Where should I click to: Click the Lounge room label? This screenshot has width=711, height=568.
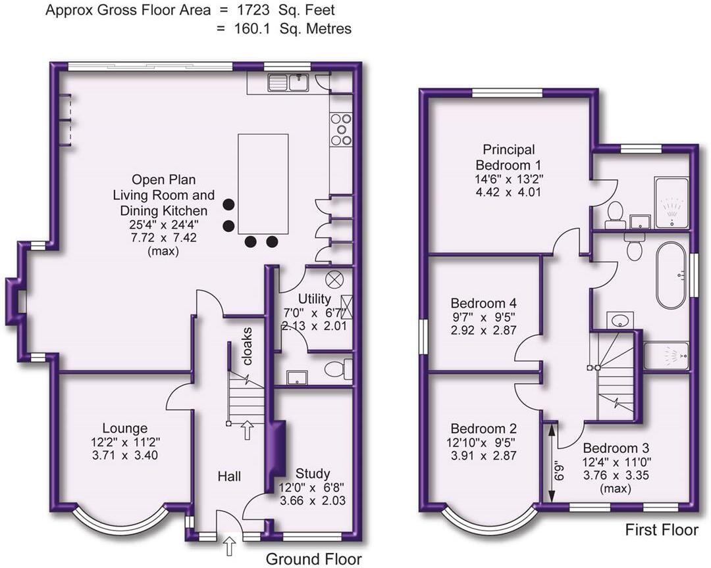(120, 428)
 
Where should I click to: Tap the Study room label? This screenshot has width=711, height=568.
(313, 474)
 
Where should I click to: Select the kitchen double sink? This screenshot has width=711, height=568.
(288, 82)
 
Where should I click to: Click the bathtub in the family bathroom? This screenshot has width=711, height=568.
(671, 274)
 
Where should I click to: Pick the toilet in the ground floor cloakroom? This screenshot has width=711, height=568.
(339, 369)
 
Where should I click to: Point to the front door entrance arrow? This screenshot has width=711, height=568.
(230, 545)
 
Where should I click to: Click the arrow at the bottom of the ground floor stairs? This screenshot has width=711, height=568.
(248, 430)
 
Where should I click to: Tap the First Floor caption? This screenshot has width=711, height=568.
(660, 530)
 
